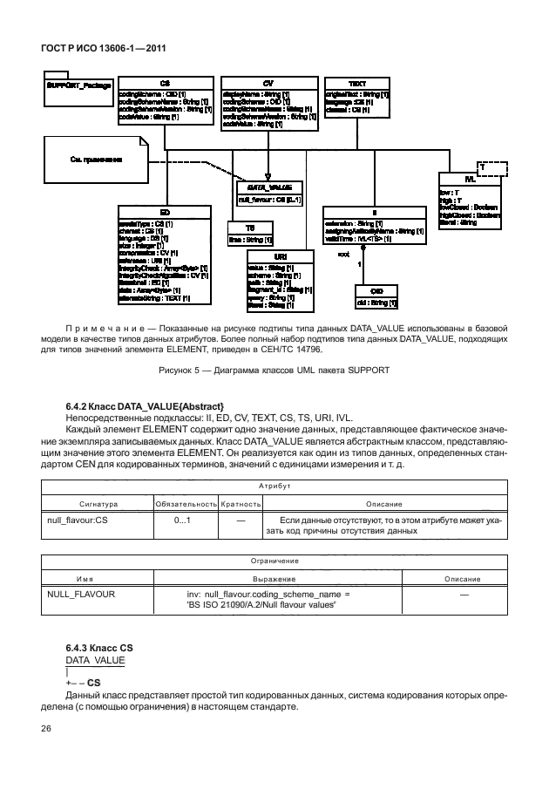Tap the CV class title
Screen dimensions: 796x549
268,83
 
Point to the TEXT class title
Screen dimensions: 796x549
357,83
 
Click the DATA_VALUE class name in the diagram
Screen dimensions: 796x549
268,187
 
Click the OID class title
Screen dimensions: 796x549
376,290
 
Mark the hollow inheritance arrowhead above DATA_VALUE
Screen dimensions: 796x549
268,174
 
